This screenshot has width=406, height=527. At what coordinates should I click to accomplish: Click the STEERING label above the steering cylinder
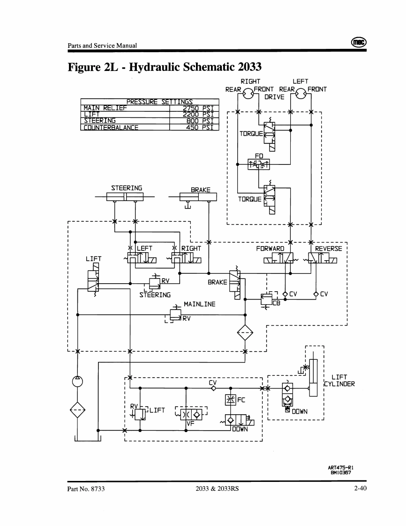(x=126, y=188)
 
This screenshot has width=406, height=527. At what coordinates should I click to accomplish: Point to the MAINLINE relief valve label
(x=200, y=304)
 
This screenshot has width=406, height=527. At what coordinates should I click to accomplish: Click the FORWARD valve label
(x=271, y=248)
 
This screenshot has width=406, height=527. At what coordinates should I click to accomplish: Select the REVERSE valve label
(x=329, y=248)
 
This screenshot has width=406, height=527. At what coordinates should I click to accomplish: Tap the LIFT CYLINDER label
(x=343, y=380)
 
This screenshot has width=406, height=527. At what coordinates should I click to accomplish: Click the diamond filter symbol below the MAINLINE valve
(x=245, y=333)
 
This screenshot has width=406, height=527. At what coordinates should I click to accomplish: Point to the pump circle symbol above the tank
(x=77, y=381)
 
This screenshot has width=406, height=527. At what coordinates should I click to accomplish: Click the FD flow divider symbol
(x=259, y=163)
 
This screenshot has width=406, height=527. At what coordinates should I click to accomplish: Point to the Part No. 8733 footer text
(x=86, y=489)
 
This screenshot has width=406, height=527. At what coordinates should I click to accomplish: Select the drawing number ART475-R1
(x=340, y=467)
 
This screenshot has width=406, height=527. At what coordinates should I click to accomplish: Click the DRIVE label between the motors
(x=274, y=97)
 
